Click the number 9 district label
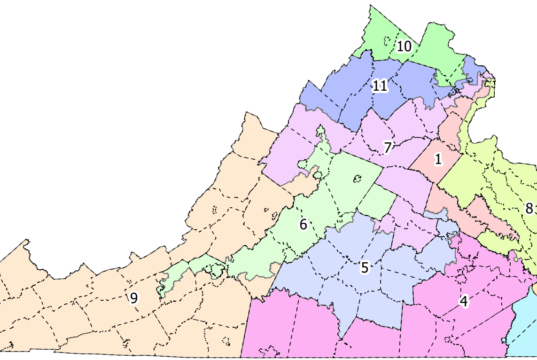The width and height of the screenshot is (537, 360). coord(133,298)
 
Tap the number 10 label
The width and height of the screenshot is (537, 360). coord(405,47)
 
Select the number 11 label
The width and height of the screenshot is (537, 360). coord(380,85)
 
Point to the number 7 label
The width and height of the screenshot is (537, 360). coord(386,149)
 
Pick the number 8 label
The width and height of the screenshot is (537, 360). coord(527,209)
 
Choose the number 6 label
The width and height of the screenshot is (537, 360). coord(302,224)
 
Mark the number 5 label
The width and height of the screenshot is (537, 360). coord(365,267)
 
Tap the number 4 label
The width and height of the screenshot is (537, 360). coord(463,301)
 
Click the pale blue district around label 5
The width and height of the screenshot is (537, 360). coord(340,260)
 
